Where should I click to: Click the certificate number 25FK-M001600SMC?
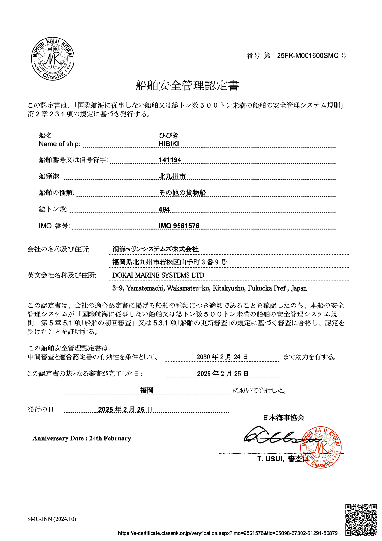click(308, 55)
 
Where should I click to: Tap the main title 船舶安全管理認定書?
click(187, 86)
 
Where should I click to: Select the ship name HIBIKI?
click(169, 144)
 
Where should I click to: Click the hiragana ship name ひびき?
click(169, 136)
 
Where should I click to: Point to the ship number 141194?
click(170, 160)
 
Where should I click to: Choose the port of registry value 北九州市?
click(172, 176)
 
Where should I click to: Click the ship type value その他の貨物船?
click(182, 193)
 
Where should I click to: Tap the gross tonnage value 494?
click(164, 209)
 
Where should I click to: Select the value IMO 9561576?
click(179, 226)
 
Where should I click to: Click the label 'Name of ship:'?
click(60, 144)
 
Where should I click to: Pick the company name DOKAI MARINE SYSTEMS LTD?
click(158, 275)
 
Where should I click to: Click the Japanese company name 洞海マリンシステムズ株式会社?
click(155, 249)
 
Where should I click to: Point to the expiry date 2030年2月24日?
click(222, 357)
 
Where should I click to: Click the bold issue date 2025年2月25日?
click(125, 410)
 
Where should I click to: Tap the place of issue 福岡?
click(147, 390)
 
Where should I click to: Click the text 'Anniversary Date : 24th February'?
click(82, 439)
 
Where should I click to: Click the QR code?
click(361, 519)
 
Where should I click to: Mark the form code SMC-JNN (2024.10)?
click(52, 519)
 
